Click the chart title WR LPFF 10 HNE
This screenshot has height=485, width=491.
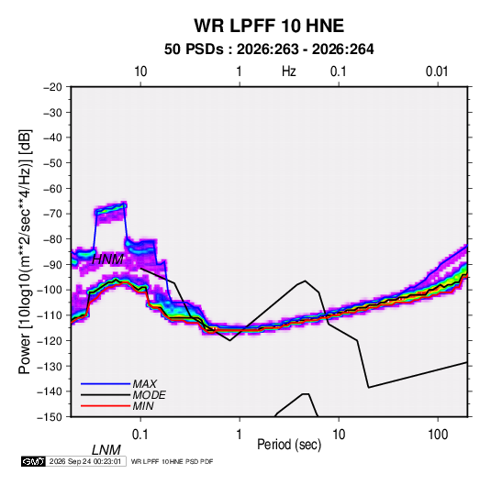point(269,26)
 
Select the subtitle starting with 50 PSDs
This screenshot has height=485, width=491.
point(269,50)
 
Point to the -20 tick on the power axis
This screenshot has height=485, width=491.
point(52,87)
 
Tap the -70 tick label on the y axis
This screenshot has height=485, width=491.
point(52,214)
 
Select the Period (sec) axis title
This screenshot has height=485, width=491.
point(289,445)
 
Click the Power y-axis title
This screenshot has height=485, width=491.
point(25,252)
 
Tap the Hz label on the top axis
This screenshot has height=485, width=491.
point(289,72)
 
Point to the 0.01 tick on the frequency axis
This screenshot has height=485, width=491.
point(437,72)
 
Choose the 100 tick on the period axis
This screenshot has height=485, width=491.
point(438,435)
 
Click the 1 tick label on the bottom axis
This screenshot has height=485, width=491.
point(240,435)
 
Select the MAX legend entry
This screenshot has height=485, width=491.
point(118,384)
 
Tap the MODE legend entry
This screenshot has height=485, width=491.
point(123,395)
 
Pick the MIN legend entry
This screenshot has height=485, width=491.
point(117,406)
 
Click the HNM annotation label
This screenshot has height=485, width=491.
point(107,259)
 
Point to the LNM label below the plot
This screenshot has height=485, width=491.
point(106,450)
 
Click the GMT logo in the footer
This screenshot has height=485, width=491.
point(34,461)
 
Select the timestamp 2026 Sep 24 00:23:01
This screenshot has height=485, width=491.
point(85,461)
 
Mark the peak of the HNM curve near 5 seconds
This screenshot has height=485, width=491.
point(305,281)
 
